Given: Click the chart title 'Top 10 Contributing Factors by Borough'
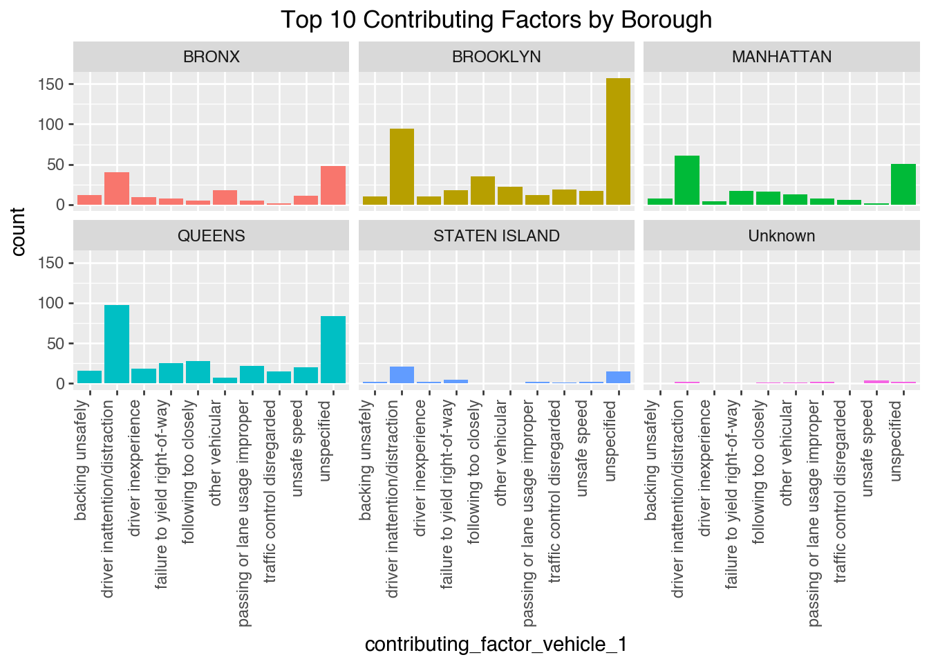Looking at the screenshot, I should click(496, 19).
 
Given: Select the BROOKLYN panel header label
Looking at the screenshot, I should click(496, 57).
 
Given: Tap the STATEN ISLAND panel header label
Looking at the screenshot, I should click(496, 236).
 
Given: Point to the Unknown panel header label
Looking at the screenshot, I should click(781, 236).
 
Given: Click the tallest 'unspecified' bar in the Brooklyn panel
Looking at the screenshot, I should click(618, 142).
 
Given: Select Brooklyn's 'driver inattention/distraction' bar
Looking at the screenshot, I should click(402, 167).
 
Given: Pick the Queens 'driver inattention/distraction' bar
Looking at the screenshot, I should click(117, 344).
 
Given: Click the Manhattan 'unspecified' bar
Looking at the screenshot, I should click(903, 185).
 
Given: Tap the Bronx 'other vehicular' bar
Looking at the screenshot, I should click(225, 197).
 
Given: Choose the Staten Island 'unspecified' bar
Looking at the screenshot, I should click(618, 377).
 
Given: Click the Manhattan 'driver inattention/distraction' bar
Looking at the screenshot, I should click(686, 181).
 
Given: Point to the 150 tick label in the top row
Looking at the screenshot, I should click(52, 84).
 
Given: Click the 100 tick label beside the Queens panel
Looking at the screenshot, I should click(52, 303).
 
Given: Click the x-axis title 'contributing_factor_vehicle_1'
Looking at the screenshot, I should click(496, 645).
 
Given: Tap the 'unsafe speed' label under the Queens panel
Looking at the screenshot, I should click(298, 448).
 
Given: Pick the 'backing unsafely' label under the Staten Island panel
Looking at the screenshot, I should click(366, 460).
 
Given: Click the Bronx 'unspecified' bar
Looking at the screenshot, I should click(333, 185).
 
